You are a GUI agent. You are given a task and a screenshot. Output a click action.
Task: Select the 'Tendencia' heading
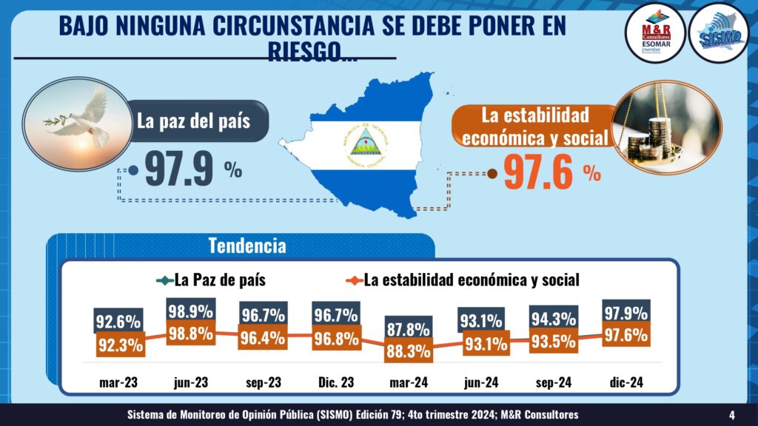pos(247,245)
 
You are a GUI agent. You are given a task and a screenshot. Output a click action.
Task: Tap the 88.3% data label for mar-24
pos(408,350)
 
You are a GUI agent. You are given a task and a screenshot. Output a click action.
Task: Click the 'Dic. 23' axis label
pos(335,382)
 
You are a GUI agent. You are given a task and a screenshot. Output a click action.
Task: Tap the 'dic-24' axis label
pos(625,382)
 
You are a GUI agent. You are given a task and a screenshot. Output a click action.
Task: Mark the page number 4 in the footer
pos(731,414)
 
